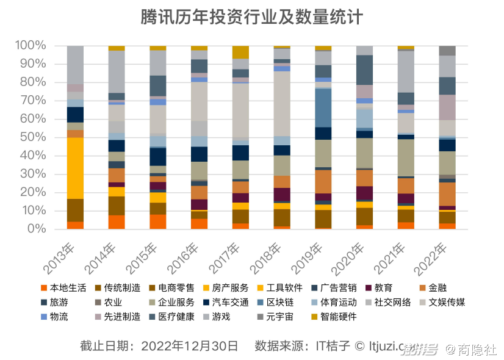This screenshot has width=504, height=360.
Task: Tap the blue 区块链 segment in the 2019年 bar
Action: coord(323,107)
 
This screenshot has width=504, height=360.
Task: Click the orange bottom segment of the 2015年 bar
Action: coord(157,221)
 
